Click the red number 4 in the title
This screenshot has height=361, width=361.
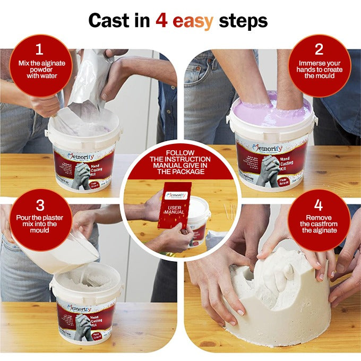162,21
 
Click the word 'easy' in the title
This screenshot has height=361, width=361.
193,22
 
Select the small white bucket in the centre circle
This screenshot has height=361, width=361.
199,215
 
